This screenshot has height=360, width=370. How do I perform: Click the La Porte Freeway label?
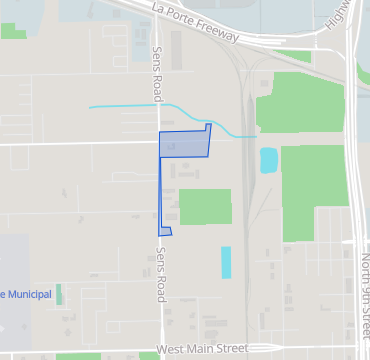click(195, 22)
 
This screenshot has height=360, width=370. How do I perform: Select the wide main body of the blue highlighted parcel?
click(184, 144)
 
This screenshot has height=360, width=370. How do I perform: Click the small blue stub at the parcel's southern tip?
click(164, 231)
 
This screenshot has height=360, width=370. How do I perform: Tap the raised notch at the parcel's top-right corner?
click(208, 128)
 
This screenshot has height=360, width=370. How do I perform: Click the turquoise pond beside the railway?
click(268, 159)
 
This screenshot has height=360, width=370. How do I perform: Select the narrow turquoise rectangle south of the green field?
click(226, 262)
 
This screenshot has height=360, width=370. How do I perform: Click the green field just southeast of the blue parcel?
click(205, 207)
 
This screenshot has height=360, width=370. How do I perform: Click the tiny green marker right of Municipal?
click(59, 294)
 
